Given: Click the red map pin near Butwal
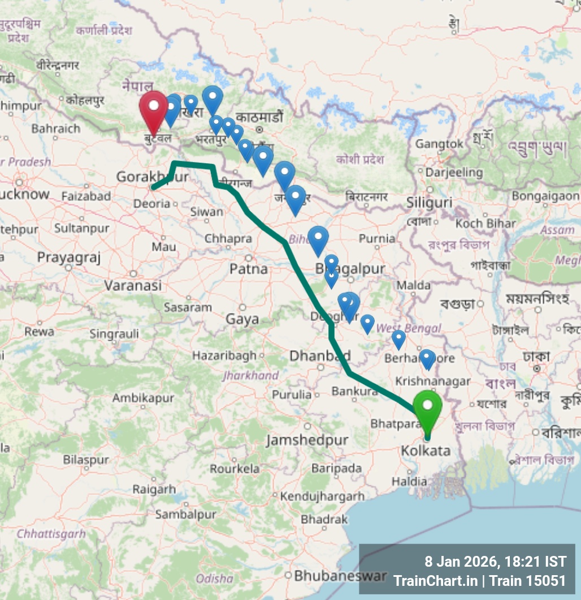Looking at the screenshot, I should click(153, 109).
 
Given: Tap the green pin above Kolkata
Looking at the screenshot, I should click(427, 408).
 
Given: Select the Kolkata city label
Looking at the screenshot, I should click(426, 451).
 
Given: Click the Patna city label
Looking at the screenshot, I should click(249, 269).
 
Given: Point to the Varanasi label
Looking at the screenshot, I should click(133, 286).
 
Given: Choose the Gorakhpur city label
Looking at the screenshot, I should click(152, 177).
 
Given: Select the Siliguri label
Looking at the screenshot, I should click(430, 203).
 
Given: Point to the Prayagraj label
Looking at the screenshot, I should click(68, 258).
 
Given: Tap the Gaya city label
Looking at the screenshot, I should click(242, 319).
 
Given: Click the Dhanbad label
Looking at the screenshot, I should click(320, 356).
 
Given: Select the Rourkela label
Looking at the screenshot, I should click(235, 468).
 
